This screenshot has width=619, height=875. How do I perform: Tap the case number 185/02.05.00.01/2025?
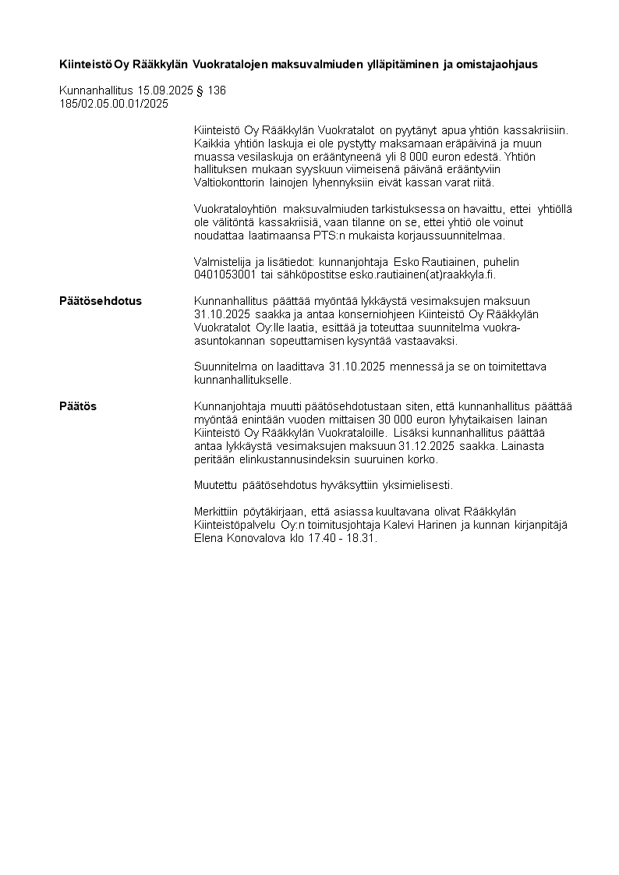(114, 103)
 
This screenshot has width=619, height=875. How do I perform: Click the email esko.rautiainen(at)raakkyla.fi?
(419, 275)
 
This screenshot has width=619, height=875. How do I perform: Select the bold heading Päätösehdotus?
(101, 300)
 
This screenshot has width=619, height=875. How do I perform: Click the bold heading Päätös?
(78, 406)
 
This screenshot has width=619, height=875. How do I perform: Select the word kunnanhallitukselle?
(242, 380)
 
